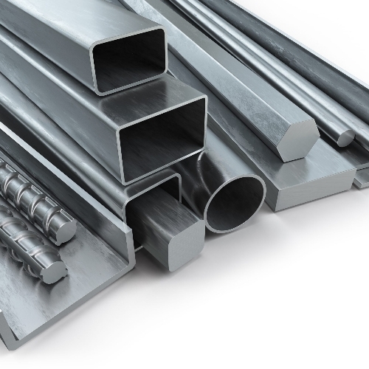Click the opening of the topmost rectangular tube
[x=128, y=61]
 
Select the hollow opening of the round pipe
[x=235, y=204]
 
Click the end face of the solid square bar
[x=177, y=244]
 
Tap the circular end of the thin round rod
[x=345, y=137]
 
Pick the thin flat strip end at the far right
[x=362, y=178]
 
